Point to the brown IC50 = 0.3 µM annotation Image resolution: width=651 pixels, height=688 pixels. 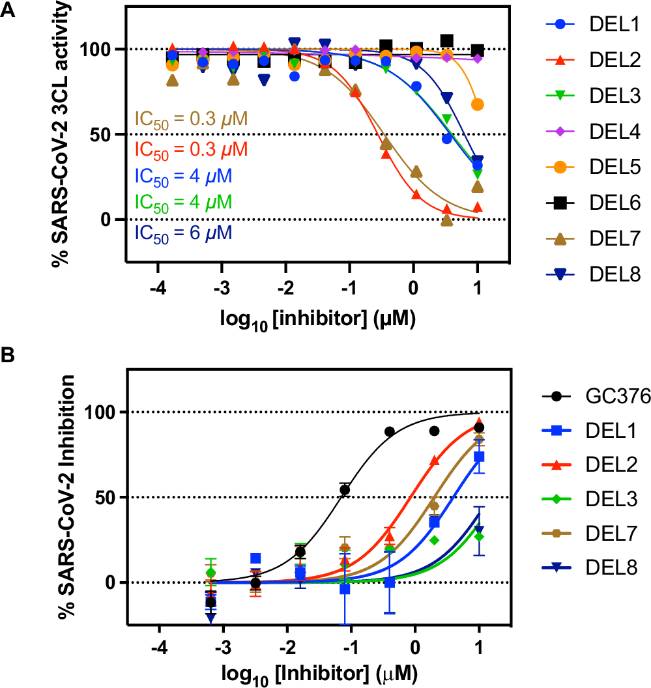pyautogui.click(x=191, y=119)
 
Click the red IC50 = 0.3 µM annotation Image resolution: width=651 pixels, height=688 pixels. pyautogui.click(x=191, y=150)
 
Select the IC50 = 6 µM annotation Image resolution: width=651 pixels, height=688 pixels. pyautogui.click(x=183, y=233)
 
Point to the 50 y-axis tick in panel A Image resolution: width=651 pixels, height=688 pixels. pyautogui.click(x=104, y=134)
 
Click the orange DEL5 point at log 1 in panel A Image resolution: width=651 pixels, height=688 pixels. pyautogui.click(x=478, y=104)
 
